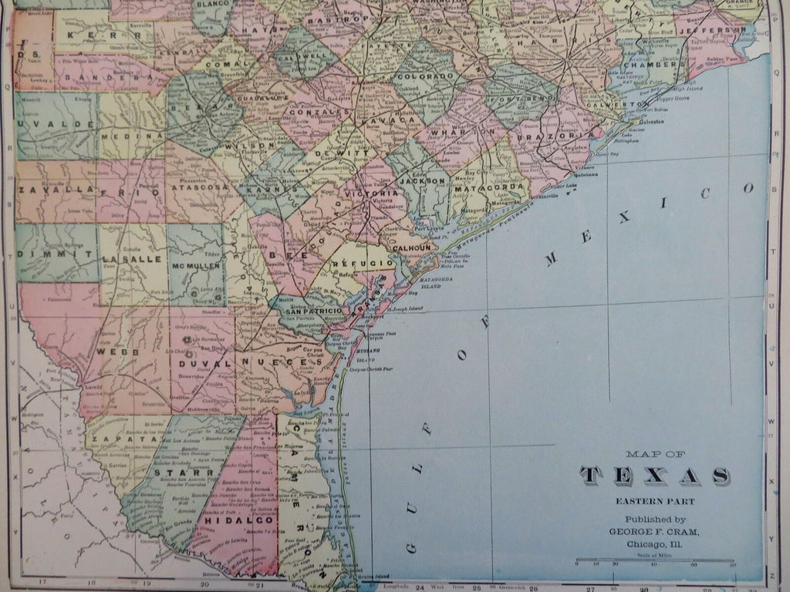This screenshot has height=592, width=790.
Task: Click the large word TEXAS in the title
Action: [x=655, y=476]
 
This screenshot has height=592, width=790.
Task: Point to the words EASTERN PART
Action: [x=655, y=501]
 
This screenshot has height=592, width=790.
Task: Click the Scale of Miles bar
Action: [x=655, y=560]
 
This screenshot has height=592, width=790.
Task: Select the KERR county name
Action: [x=85, y=35]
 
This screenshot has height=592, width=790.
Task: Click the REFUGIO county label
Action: [x=353, y=264]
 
